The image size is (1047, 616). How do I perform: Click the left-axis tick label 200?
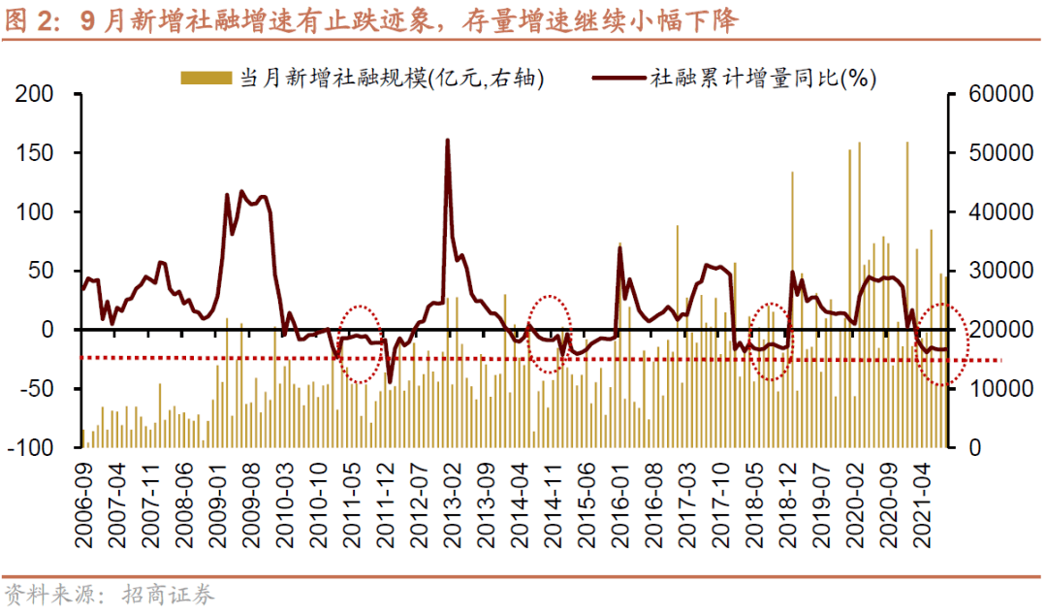[x=36, y=95]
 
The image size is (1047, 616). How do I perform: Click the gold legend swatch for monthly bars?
[x=206, y=79]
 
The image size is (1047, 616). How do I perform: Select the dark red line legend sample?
[x=618, y=79]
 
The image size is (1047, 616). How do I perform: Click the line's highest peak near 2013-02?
[x=448, y=141]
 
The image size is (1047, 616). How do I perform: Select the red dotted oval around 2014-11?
[x=549, y=334]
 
